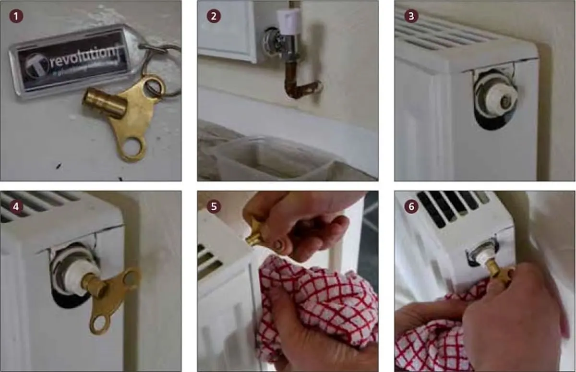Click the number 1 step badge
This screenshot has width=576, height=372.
17,15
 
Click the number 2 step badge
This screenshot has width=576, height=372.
214,15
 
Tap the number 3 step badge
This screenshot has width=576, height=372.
411,15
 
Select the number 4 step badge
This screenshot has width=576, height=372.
17,206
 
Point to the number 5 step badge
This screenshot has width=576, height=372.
214,206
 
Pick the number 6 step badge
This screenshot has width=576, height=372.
411,206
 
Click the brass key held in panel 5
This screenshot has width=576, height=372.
257,235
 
